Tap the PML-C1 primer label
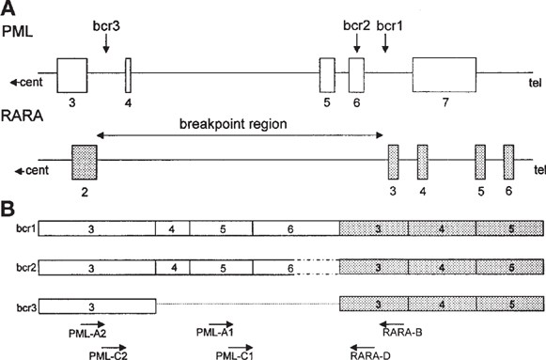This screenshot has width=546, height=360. coord(231,354)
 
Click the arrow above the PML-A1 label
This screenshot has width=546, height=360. coord(211,321)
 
